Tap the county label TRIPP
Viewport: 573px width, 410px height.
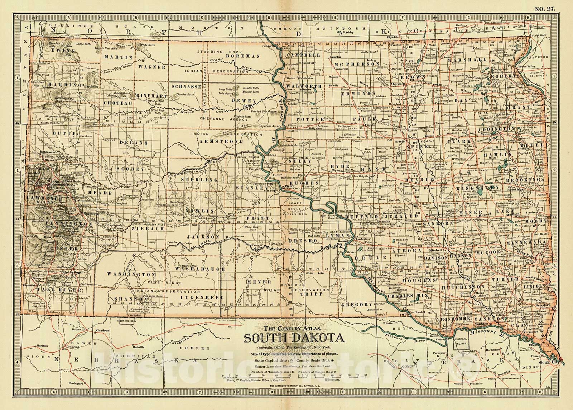tap(316, 293)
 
